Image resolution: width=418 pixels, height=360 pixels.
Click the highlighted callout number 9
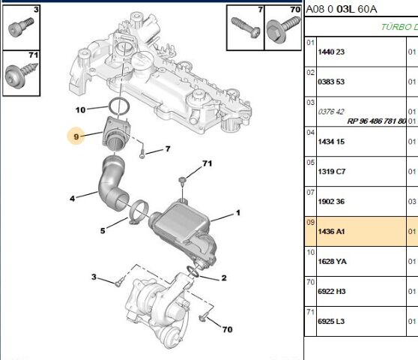[76, 136]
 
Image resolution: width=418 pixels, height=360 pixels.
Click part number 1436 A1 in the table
[331, 231]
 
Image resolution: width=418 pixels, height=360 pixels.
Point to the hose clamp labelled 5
[139, 211]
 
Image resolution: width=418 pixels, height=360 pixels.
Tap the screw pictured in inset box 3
[21, 27]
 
